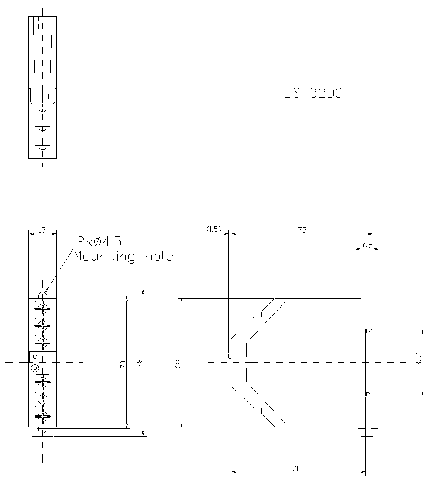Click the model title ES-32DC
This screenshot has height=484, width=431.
313,93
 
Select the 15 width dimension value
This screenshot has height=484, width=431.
42,230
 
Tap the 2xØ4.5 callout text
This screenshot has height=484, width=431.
99,241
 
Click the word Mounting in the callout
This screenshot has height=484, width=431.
104,256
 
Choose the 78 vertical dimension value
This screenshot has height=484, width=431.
139,363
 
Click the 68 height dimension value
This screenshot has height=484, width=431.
178,363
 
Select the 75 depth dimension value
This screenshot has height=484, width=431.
302,230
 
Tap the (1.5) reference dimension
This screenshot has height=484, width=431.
214,229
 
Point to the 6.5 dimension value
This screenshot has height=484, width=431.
368,245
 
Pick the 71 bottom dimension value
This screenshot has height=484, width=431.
296,468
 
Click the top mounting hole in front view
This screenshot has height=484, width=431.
42,295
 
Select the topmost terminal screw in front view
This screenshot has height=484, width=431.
43,309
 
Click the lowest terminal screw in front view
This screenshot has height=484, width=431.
43,417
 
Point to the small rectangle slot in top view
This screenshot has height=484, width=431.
42,96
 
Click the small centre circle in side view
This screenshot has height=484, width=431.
229,356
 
